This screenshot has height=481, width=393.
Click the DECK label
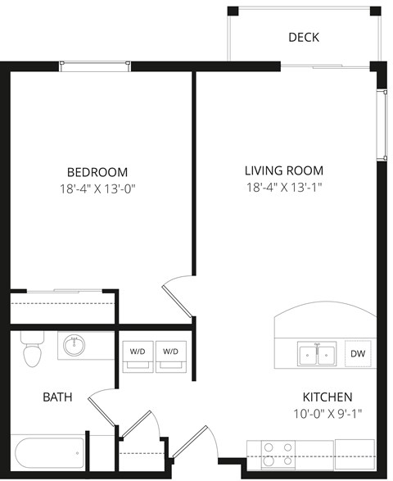click(x=304, y=38)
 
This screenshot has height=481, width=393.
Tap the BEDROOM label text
click(x=97, y=172)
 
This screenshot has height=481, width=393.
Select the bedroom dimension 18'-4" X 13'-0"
click(x=97, y=189)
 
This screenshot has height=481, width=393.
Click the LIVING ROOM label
click(x=284, y=171)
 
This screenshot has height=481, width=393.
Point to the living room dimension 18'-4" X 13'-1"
click(x=284, y=188)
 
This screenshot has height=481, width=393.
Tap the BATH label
click(x=57, y=397)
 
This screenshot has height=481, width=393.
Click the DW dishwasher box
click(x=358, y=354)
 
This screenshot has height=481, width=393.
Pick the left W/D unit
click(x=136, y=352)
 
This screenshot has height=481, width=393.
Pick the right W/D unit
click(x=171, y=352)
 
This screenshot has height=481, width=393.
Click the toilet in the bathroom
click(x=31, y=351)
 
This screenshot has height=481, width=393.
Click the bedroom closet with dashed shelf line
click(x=61, y=308)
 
